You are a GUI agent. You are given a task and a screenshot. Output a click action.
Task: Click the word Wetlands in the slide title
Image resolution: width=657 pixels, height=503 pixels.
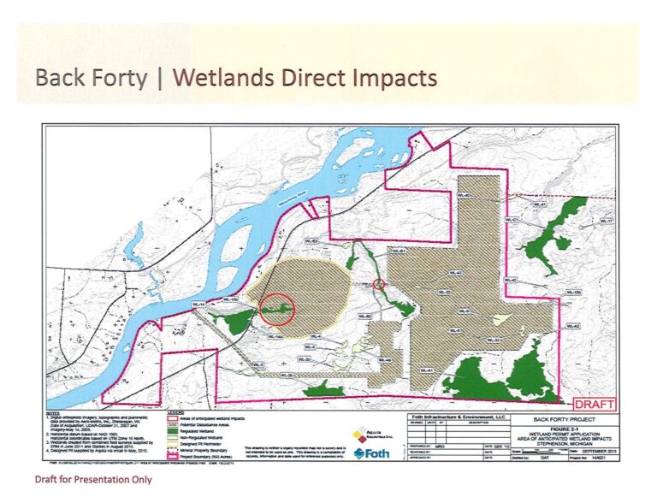pos(224,78)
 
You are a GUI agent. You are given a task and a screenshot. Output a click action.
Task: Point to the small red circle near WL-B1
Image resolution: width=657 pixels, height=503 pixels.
pos(380,283)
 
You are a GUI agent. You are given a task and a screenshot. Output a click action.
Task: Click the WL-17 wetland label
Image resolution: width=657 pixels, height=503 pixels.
pos(607,222)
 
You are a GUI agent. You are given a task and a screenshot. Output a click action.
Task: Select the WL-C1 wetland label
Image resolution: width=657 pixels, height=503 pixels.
pos(512,220)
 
